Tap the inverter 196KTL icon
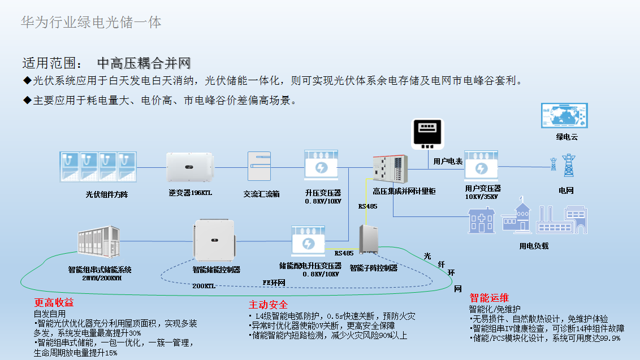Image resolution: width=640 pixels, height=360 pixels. tap(189, 166)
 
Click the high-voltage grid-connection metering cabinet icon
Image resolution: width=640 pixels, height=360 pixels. tap(390, 169)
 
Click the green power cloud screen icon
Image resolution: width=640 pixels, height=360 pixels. tap(564, 116)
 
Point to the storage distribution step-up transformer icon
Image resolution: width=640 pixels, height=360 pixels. tap(309, 242)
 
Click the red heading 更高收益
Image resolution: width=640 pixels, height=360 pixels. tap(54, 302)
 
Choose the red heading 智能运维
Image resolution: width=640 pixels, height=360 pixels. tap(489, 298)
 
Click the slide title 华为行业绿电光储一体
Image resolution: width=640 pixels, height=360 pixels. tap(91, 23)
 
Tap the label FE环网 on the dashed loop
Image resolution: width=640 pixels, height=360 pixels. tap(274, 282)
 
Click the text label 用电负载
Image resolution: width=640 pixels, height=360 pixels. tap(534, 246)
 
